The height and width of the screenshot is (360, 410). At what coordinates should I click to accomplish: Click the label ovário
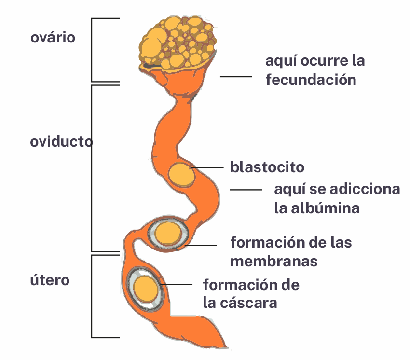53,38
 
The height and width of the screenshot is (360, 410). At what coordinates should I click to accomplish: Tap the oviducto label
61,142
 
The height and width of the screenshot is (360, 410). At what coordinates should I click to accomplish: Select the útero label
50,280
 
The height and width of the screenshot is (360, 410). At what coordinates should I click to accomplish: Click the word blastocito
267,167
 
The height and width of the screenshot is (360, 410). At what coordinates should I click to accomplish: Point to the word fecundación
311,79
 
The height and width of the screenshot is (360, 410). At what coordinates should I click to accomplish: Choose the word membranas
274,261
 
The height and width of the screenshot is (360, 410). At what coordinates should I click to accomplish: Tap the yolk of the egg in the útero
146,289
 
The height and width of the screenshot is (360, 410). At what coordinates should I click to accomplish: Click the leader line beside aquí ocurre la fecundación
236,76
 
